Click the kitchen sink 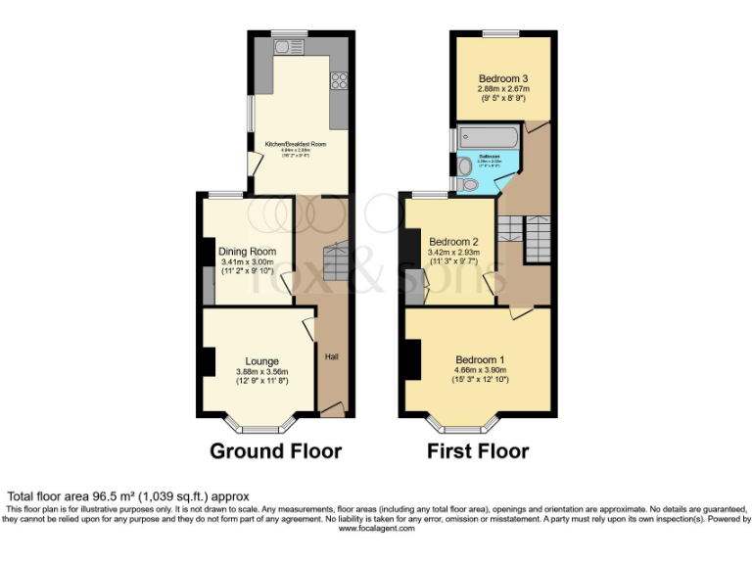coord(289,46)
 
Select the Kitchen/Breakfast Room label coord(296,144)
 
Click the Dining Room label coord(248,252)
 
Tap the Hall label coord(332,369)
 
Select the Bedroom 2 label coord(452,242)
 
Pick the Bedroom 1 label coord(480,359)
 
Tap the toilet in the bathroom coord(468,184)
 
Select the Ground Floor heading coord(276,451)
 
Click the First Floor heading coord(478,451)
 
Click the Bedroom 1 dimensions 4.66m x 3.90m coord(480,370)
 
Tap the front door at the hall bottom coord(332,409)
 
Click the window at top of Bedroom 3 coord(500,33)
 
